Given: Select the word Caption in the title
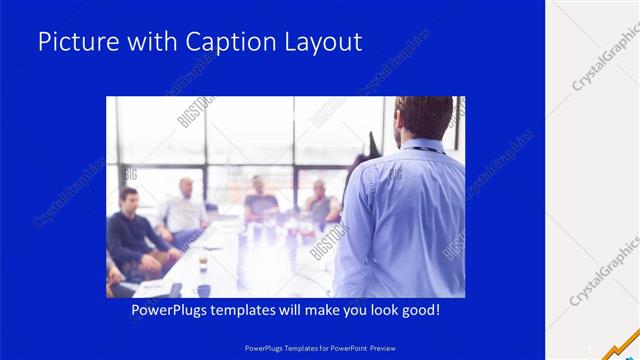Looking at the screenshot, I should point(223,42).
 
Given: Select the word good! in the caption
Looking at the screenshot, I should point(418,311).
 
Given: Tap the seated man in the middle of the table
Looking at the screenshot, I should point(260,200).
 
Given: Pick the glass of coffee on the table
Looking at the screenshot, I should point(203,262).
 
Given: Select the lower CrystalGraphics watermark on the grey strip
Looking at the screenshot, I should point(605,270).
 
